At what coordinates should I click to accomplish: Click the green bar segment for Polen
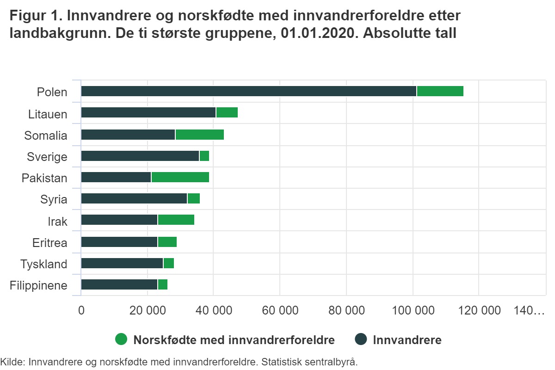440,91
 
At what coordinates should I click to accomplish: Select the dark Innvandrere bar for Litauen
148,112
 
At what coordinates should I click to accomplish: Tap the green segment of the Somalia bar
199,135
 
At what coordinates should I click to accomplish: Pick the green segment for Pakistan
180,177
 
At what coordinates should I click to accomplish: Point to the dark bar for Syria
134,198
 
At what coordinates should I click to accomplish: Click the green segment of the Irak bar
176,220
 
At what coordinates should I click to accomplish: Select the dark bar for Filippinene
119,284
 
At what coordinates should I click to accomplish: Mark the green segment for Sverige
204,156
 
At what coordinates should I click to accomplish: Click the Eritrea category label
50,243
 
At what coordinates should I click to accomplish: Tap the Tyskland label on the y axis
44,264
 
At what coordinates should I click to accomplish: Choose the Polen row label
52,92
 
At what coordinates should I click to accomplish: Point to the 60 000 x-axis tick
280,310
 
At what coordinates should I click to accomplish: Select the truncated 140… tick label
529,310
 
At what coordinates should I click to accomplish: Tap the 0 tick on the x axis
81,310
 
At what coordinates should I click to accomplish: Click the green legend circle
121,340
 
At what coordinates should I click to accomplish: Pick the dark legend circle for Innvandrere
361,340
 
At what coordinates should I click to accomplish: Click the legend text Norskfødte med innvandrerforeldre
234,340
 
